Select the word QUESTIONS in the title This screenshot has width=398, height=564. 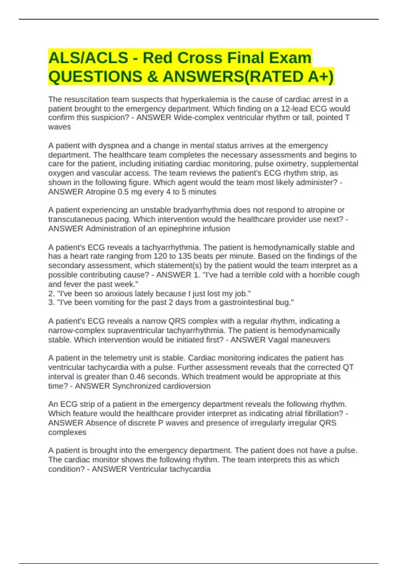point(95,77)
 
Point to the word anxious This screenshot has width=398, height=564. point(114,294)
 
